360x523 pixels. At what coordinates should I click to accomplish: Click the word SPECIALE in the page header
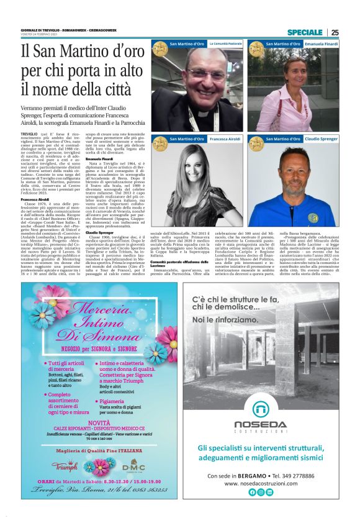tap(305, 32)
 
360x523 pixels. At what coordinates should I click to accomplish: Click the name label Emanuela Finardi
tap(321, 44)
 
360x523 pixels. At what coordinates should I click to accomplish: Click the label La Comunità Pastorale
tap(225, 44)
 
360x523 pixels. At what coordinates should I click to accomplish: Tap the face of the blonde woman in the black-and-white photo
tap(205, 177)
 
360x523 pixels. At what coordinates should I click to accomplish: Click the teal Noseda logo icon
tap(261, 409)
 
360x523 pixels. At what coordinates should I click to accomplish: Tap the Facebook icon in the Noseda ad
tap(252, 492)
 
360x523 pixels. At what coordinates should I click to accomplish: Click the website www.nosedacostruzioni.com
tap(261, 483)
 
